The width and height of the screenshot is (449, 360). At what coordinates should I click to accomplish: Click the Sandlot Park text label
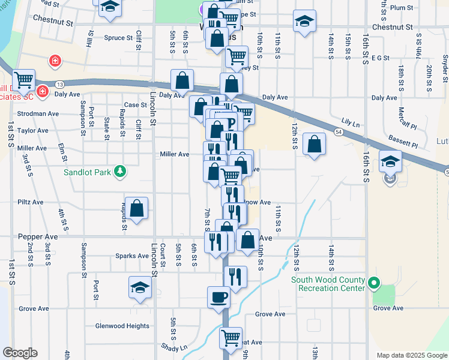[89, 172]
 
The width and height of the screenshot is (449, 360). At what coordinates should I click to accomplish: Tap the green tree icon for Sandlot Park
[121, 172]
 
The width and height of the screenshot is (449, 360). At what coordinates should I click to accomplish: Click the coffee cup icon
[218, 297]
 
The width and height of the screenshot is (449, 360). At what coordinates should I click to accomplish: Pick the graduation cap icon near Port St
[140, 287]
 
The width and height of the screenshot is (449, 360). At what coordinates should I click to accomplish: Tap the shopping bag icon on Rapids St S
[137, 209]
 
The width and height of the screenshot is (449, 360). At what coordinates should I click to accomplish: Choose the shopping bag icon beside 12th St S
[314, 145]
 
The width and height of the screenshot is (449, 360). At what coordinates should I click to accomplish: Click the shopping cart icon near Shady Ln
[231, 339]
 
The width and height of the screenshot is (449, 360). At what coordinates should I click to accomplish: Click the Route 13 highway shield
[60, 84]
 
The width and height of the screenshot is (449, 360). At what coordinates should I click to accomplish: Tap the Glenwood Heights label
[122, 326]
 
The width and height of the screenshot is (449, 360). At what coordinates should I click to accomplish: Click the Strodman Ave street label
[38, 113]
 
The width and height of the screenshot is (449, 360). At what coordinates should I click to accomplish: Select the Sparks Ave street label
[131, 256]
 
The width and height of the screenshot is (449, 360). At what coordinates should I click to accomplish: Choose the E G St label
[381, 58]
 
